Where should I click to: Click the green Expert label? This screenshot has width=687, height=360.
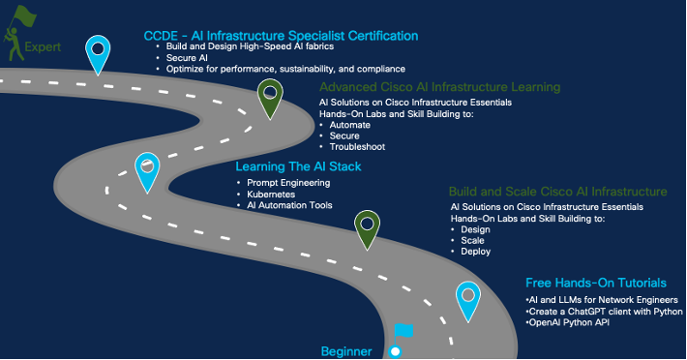tap(43, 47)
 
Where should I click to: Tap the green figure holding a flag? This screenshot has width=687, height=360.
tap(17, 33)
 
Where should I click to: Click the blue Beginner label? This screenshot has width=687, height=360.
tap(346, 351)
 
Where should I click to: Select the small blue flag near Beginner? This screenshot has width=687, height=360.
tap(403, 331)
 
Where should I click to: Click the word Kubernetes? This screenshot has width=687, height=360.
tap(271, 194)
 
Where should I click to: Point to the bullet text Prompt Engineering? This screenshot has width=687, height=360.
tap(288, 183)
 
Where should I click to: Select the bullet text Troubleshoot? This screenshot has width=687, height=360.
tap(357, 147)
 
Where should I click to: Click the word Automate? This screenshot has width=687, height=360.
tap(349, 125)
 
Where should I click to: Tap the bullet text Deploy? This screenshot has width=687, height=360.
tap(475, 252)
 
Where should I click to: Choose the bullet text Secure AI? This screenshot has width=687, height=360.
tap(187, 58)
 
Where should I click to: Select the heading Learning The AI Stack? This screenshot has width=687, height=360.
tap(298, 166)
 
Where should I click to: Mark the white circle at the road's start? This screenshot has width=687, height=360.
tap(395, 351)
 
